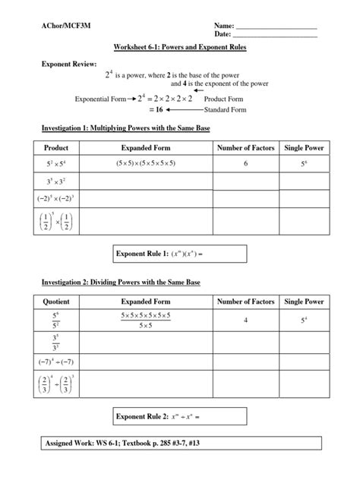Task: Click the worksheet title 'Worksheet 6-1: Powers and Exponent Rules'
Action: [181, 47]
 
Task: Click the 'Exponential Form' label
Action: [99, 99]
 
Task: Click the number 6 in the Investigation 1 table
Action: [245, 163]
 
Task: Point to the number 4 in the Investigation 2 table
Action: [245, 321]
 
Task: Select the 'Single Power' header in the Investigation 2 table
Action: [305, 302]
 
